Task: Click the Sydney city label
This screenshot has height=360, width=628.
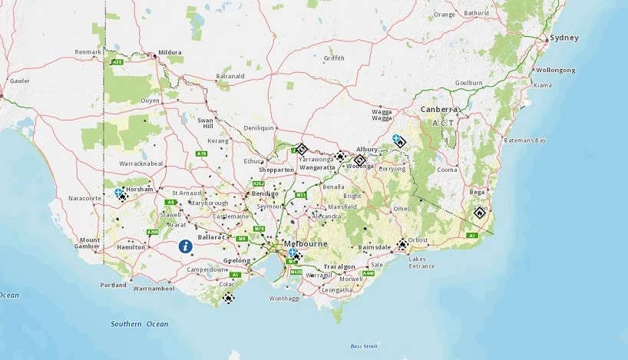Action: pyautogui.click(x=564, y=38)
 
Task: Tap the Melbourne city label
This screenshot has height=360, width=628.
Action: pyautogui.click(x=306, y=244)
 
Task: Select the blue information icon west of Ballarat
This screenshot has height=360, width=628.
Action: pyautogui.click(x=185, y=246)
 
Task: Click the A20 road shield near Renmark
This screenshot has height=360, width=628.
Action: pyautogui.click(x=117, y=61)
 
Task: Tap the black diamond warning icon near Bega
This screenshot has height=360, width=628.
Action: pyautogui.click(x=480, y=213)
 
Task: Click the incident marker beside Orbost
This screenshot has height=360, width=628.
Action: pyautogui.click(x=402, y=245)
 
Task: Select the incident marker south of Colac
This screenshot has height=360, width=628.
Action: pyautogui.click(x=228, y=297)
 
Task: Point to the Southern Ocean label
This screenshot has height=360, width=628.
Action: pyautogui.click(x=139, y=324)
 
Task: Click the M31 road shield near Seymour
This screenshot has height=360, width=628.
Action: pyautogui.click(x=301, y=196)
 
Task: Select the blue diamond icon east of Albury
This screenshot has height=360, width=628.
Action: pyautogui.click(x=397, y=140)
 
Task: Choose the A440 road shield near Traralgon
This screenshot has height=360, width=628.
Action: pyautogui.click(x=369, y=272)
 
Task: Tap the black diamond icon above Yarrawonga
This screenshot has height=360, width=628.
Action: pyautogui.click(x=302, y=149)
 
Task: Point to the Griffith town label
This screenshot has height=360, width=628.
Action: pyautogui.click(x=334, y=58)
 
